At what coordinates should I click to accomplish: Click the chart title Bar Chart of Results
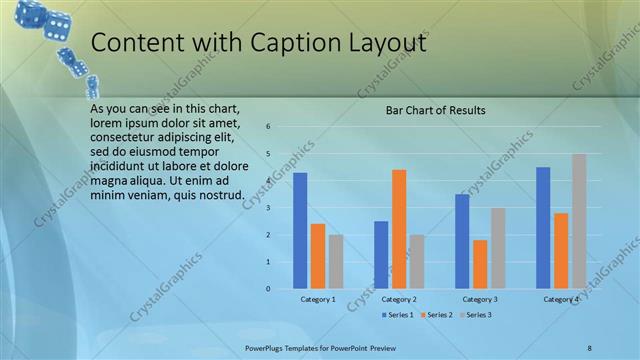(x=436, y=111)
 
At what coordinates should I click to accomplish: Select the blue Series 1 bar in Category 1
(x=300, y=230)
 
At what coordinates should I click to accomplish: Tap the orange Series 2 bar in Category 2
(x=399, y=229)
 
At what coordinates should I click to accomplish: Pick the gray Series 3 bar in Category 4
(x=579, y=221)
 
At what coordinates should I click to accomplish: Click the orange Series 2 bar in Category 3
(x=480, y=264)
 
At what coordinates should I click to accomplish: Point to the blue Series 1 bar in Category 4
(x=543, y=227)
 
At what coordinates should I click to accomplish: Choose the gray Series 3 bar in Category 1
(x=336, y=261)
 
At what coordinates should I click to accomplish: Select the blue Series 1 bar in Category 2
(x=381, y=254)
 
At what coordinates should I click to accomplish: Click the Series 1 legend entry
(x=398, y=315)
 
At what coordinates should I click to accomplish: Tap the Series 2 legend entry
(x=438, y=315)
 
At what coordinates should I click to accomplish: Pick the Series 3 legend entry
(x=475, y=315)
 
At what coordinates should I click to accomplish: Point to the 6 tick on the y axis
(x=269, y=127)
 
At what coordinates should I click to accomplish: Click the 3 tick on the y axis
(x=269, y=208)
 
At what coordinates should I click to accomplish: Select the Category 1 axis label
(x=318, y=299)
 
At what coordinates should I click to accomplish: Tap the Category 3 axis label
(x=480, y=299)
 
